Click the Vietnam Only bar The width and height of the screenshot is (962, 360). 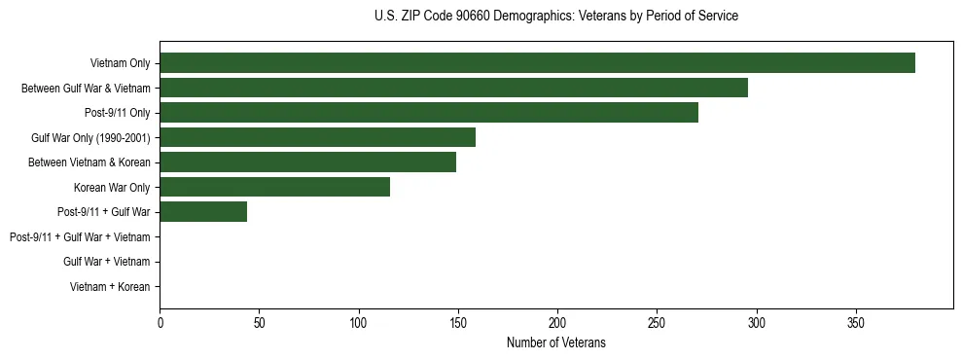pyautogui.click(x=537, y=63)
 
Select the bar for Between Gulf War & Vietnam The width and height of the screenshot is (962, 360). pyautogui.click(x=453, y=89)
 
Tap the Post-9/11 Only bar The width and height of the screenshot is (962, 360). pyautogui.click(x=429, y=113)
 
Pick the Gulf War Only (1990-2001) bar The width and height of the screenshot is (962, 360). pyautogui.click(x=317, y=137)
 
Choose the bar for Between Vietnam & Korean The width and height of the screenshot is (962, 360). pyautogui.click(x=307, y=162)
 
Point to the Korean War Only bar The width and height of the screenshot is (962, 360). pyautogui.click(x=274, y=187)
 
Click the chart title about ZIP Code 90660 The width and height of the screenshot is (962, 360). pyautogui.click(x=555, y=17)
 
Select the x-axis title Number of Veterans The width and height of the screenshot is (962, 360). pyautogui.click(x=555, y=342)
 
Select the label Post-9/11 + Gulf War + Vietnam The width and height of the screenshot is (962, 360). pyautogui.click(x=80, y=236)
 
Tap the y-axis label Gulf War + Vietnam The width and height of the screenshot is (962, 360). pyautogui.click(x=106, y=262)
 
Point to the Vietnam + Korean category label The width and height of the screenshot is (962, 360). pyautogui.click(x=110, y=287)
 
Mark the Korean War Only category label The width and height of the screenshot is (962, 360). pyautogui.click(x=112, y=187)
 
